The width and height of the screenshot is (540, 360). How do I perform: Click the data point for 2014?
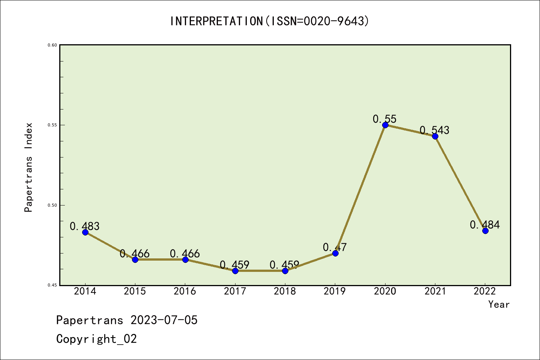[x=85, y=232]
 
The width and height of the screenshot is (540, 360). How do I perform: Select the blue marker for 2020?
[x=385, y=125]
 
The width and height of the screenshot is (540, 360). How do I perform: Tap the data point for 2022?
[x=485, y=231]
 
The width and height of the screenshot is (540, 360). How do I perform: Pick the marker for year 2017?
[x=235, y=271]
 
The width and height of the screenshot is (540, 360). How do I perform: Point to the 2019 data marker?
[x=335, y=253]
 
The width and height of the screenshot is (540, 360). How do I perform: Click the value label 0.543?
[x=434, y=130]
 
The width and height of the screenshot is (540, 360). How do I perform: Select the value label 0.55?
[x=384, y=119]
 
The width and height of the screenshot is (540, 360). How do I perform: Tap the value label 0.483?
[x=85, y=226]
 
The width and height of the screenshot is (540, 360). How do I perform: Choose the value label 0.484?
[x=485, y=225]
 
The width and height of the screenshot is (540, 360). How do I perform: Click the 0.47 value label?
[x=335, y=247]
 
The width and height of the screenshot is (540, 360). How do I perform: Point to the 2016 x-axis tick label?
[x=185, y=291]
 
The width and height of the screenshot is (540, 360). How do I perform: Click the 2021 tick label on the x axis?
[x=435, y=291]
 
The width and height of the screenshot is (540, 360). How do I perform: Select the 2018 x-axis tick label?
[x=285, y=291]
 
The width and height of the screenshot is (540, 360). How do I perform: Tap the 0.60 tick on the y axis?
[x=52, y=45]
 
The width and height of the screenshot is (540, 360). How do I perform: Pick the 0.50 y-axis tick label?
[x=52, y=205]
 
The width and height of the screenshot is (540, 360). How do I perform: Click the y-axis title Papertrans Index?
[x=28, y=167]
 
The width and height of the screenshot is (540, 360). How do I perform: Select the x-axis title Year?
[x=499, y=304]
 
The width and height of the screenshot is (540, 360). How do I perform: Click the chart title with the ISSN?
[x=270, y=21]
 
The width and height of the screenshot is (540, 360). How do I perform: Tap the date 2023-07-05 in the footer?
[x=164, y=320]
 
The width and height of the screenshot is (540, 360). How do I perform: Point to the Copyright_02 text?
[x=96, y=339]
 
